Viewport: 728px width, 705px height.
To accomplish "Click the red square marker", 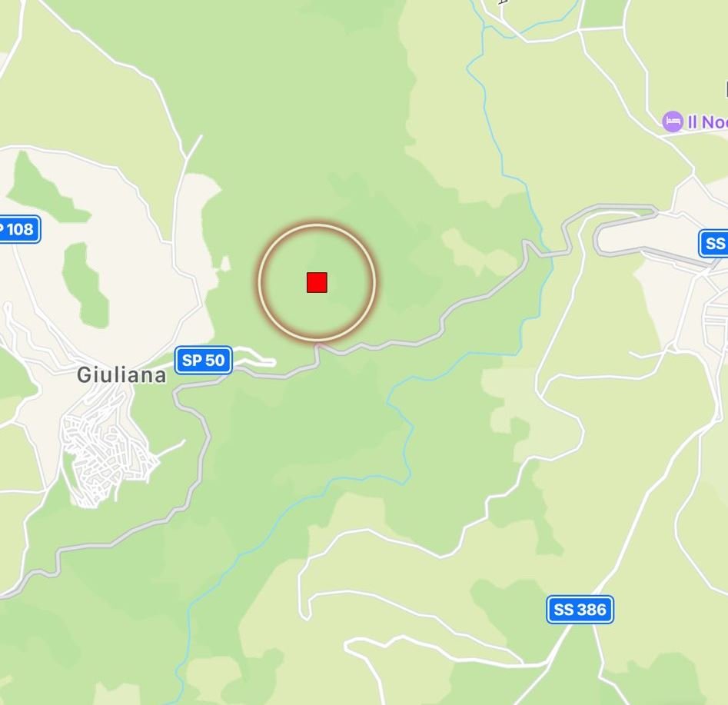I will click(x=317, y=282).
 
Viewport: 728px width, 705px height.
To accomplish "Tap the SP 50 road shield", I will click(x=204, y=360).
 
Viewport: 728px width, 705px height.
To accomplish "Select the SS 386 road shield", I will click(x=580, y=610).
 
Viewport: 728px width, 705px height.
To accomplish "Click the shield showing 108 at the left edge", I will click(x=17, y=229).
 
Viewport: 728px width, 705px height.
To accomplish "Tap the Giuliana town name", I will click(x=121, y=375).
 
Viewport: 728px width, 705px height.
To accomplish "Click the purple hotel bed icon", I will click(x=673, y=121).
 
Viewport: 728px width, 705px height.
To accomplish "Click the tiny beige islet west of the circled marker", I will click(x=224, y=264).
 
